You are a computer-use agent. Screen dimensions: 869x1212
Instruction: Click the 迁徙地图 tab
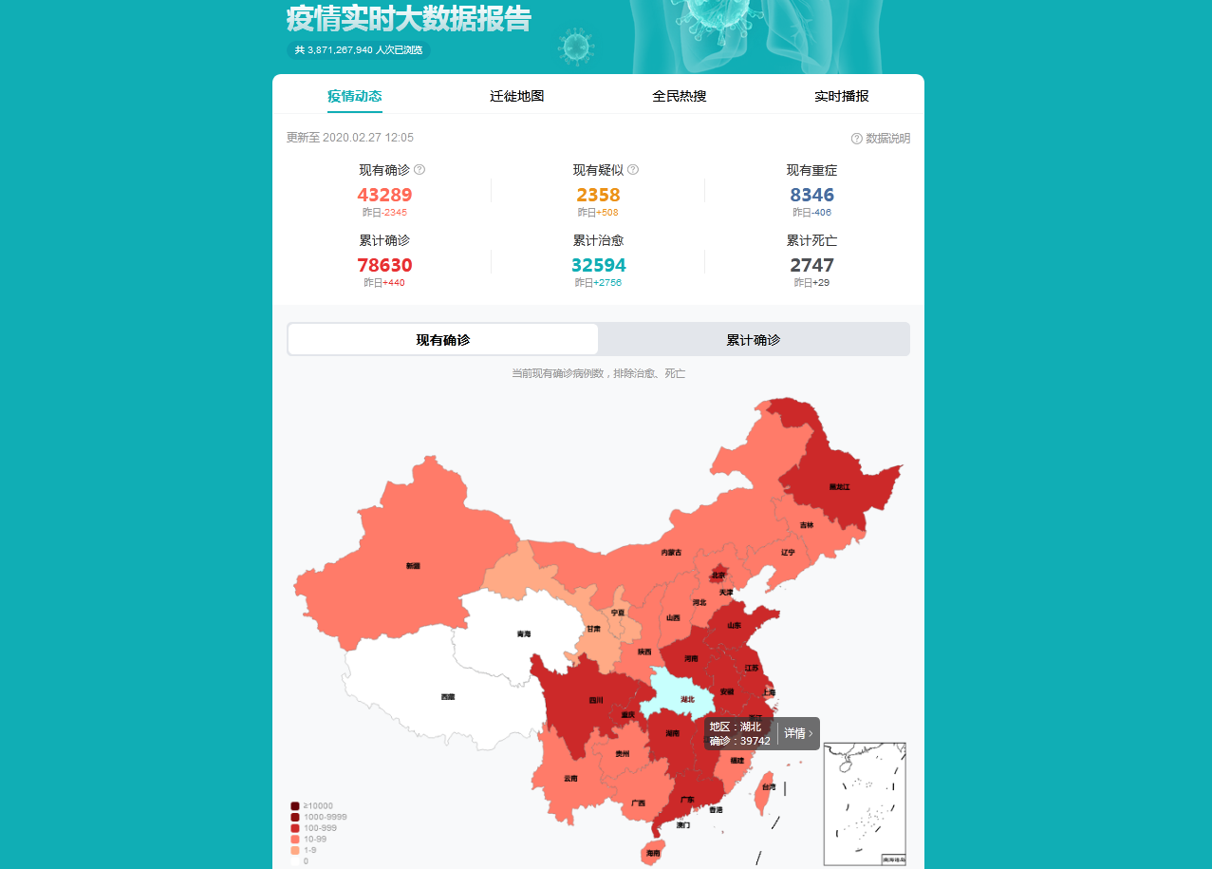coord(516,96)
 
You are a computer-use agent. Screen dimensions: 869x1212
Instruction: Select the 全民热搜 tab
coord(679,96)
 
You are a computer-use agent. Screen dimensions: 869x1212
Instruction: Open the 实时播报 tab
coord(841,96)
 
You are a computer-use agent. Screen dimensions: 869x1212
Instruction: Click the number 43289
coord(384,195)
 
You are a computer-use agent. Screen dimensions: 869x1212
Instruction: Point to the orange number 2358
coord(598,195)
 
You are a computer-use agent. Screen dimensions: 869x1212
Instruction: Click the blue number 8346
coord(811,195)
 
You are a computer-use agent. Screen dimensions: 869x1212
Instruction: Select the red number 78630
coord(384,265)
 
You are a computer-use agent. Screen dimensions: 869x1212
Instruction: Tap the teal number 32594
coord(598,265)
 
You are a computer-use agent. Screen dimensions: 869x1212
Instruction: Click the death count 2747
coord(811,265)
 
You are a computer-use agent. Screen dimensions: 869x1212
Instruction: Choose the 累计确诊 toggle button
coord(754,340)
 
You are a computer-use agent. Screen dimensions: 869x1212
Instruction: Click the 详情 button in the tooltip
coord(797,733)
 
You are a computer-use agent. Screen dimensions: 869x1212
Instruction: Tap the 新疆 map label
coord(413,566)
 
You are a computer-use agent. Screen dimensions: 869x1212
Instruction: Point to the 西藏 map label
coord(447,697)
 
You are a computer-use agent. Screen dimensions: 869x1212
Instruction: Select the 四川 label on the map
coord(596,701)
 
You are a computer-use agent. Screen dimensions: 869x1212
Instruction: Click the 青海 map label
coord(524,633)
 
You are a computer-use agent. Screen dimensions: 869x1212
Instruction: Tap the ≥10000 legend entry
coord(317,806)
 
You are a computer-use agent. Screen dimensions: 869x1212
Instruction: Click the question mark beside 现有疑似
coord(633,170)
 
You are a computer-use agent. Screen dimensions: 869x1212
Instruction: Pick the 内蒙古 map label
coord(671,552)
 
